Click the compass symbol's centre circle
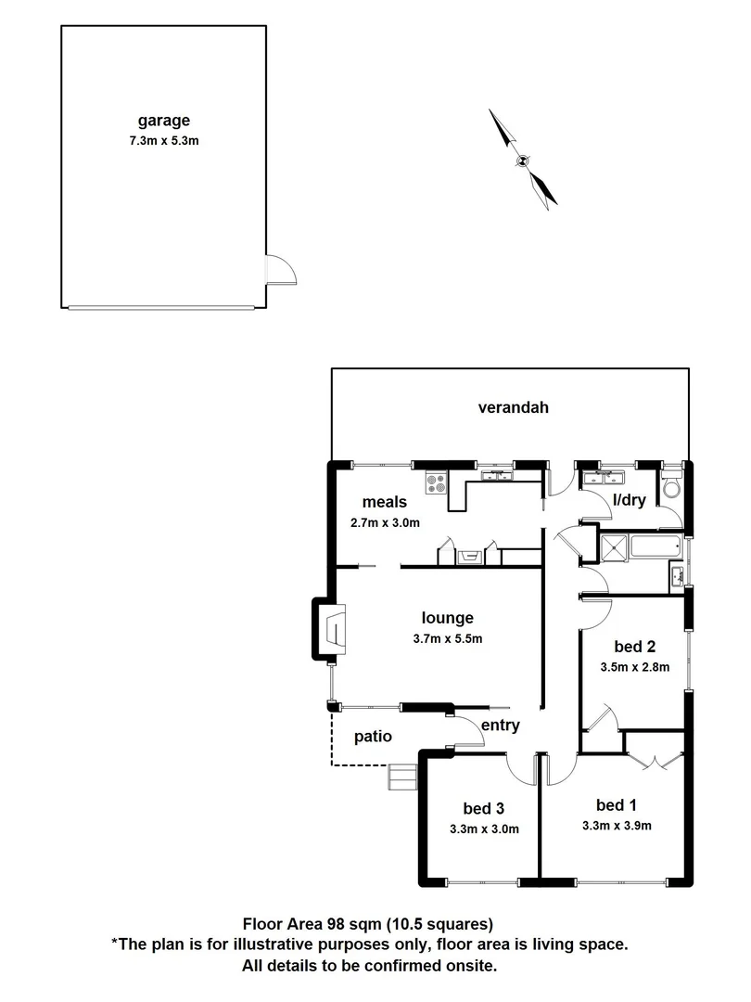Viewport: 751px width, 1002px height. click(523, 160)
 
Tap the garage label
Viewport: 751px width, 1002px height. click(164, 120)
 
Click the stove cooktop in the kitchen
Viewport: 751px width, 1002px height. click(437, 482)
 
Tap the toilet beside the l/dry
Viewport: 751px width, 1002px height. click(671, 489)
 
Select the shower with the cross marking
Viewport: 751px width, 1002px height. click(613, 547)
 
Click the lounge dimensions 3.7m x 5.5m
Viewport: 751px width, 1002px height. click(448, 637)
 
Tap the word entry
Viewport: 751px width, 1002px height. click(500, 726)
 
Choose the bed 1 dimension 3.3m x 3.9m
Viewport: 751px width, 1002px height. click(617, 825)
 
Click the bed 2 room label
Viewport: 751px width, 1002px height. click(635, 647)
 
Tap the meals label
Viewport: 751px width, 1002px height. click(385, 502)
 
